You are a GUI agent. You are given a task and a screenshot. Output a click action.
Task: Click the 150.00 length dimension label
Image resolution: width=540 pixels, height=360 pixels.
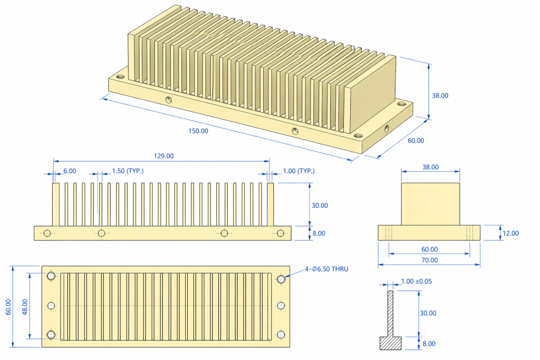[x=198, y=131]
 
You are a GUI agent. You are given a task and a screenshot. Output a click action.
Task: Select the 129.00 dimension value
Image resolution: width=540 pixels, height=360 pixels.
[x=163, y=156]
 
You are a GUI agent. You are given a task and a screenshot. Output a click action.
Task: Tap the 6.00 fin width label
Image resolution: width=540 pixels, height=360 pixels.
[x=70, y=171]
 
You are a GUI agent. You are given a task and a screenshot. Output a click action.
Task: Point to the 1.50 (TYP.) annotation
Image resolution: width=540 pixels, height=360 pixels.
[x=128, y=171]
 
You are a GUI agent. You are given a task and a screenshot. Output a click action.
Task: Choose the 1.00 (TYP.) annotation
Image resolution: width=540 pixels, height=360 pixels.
[x=298, y=171]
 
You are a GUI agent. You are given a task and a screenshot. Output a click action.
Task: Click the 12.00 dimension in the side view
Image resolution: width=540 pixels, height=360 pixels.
[x=510, y=233]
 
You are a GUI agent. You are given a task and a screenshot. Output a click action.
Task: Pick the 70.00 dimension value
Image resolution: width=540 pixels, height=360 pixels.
[x=429, y=260]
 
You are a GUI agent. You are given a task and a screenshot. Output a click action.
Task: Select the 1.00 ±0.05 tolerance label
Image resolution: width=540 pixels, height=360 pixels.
[x=416, y=281]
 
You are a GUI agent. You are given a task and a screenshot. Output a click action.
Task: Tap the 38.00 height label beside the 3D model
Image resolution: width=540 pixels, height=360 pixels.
[x=440, y=95]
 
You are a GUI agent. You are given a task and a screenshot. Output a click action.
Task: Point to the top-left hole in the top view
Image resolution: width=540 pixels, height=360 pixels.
[x=51, y=276]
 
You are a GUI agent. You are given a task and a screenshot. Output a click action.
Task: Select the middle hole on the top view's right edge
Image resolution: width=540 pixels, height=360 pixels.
[x=281, y=306]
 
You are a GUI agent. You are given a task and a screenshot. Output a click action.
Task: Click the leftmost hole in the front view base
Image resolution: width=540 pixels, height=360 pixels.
[x=47, y=233]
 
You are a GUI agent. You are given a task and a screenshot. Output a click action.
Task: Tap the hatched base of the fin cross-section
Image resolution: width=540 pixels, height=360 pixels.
[x=391, y=343]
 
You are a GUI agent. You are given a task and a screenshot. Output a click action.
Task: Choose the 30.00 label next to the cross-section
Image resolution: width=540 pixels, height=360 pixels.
[x=428, y=313]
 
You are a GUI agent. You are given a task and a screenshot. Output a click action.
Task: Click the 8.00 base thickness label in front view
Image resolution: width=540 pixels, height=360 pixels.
[x=320, y=233]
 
